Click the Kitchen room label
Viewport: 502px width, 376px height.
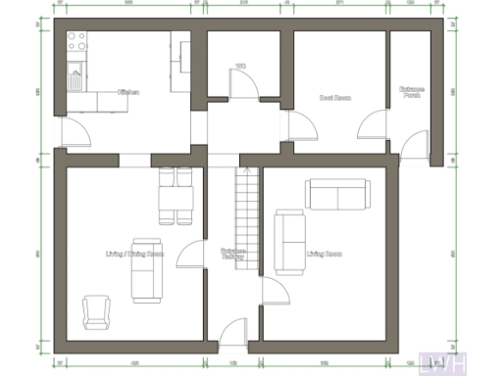[x=128, y=92]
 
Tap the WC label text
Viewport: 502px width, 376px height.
[x=240, y=68]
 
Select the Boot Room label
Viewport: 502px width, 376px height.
[x=335, y=97]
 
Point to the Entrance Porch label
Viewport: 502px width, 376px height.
[x=412, y=93]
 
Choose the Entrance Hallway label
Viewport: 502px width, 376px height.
[x=233, y=254]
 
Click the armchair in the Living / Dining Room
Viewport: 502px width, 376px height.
[x=97, y=311]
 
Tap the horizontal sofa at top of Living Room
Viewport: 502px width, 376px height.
[x=336, y=194]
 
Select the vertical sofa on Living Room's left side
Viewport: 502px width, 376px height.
[x=289, y=241]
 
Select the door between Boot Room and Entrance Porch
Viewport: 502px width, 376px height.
[x=373, y=125]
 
